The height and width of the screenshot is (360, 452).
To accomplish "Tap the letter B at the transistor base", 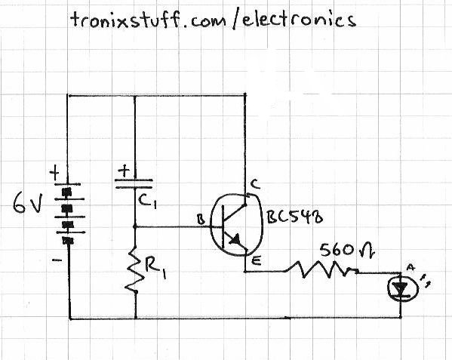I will click(201, 220).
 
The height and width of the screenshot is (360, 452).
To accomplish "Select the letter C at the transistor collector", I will click(255, 183).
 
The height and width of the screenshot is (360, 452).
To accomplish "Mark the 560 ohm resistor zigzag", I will click(324, 268).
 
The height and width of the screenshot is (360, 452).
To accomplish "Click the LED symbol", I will click(400, 287).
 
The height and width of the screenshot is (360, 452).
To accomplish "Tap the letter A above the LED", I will click(411, 266).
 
